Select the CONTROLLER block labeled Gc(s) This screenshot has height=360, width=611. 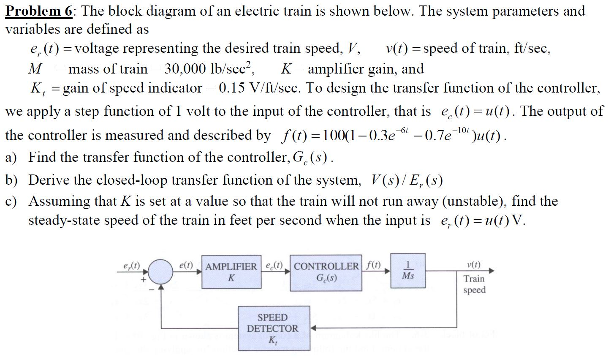pyautogui.click(x=326, y=273)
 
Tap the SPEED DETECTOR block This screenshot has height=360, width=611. pyautogui.click(x=272, y=328)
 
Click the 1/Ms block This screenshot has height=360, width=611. pyautogui.click(x=408, y=271)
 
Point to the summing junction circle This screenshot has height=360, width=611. pyautogui.click(x=160, y=271)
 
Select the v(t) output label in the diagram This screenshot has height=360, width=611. pyautogui.click(x=474, y=265)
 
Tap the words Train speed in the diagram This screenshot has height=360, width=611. pyautogui.click(x=474, y=284)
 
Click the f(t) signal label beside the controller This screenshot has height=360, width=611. pyautogui.click(x=374, y=266)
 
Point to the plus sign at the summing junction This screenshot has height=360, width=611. pyautogui.click(x=144, y=279)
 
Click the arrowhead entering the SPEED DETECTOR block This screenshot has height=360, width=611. pyautogui.click(x=314, y=327)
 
